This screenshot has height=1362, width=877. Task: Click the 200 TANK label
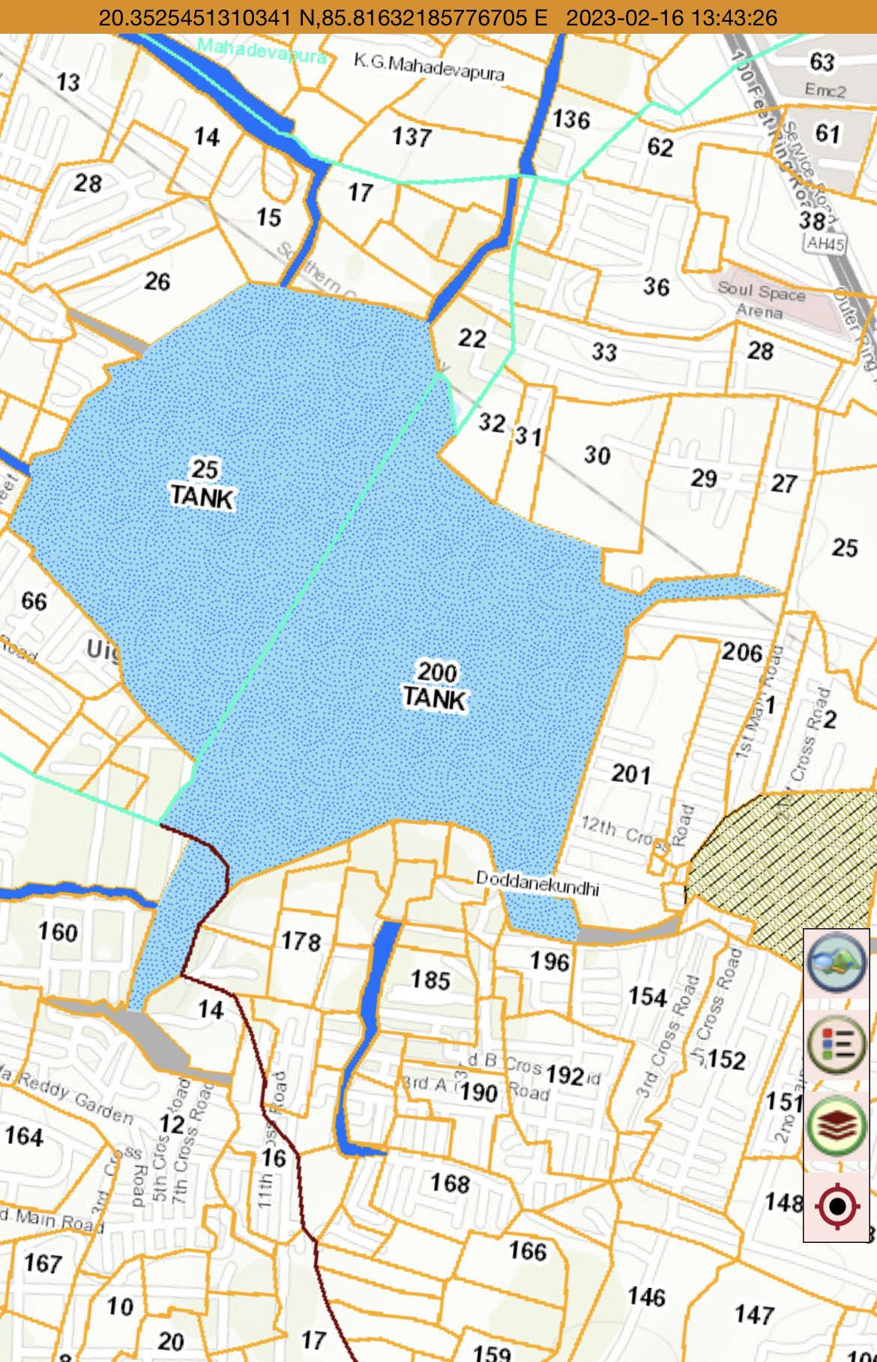tap(436, 685)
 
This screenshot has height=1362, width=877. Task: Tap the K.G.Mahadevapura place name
tap(429, 67)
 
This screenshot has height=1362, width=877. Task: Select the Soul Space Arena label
tap(761, 299)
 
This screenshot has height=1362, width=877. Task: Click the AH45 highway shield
tap(825, 243)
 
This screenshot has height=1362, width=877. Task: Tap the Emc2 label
tap(825, 91)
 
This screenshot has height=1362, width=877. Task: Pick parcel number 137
tap(412, 137)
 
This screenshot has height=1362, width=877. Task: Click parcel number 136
tap(571, 119)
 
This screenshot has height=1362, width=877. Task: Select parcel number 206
tap(742, 652)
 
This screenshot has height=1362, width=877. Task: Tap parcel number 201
tap(631, 773)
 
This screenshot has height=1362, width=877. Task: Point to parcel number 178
tap(301, 941)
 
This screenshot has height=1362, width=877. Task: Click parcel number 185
tap(430, 980)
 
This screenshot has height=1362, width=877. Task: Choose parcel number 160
tap(58, 932)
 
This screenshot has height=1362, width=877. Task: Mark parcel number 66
tap(34, 601)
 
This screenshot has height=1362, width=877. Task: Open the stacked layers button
tap(837, 1125)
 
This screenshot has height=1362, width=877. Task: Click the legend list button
tap(837, 1043)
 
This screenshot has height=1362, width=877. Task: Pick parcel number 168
tap(450, 1183)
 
